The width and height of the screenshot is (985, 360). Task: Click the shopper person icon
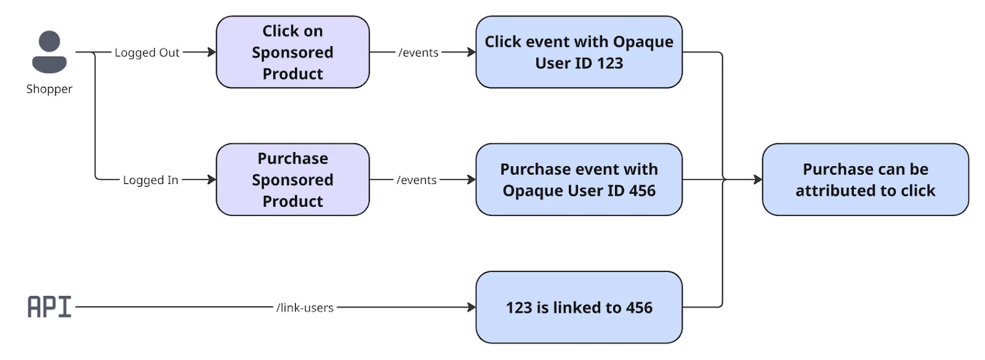pyautogui.click(x=49, y=52)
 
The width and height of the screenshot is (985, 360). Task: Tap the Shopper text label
pyautogui.click(x=49, y=89)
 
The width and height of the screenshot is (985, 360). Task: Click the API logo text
pyautogui.click(x=49, y=306)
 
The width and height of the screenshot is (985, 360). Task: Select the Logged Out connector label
pyautogui.click(x=147, y=53)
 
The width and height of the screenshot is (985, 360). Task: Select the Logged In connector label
pyautogui.click(x=150, y=180)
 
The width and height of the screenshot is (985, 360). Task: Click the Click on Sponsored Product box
pyautogui.click(x=292, y=52)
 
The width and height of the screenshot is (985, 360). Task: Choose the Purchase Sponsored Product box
pyautogui.click(x=292, y=180)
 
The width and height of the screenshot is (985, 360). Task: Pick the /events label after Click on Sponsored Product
pyautogui.click(x=419, y=53)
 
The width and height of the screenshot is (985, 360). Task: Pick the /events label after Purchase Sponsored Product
pyautogui.click(x=417, y=180)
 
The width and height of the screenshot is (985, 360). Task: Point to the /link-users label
pyautogui.click(x=305, y=308)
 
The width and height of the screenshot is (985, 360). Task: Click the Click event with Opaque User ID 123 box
pyautogui.click(x=579, y=52)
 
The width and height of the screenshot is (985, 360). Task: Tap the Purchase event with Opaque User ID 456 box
pyautogui.click(x=579, y=180)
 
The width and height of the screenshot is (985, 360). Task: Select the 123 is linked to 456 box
pyautogui.click(x=579, y=307)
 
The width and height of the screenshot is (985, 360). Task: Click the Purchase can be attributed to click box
pyautogui.click(x=865, y=180)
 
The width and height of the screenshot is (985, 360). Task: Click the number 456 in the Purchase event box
pyautogui.click(x=642, y=191)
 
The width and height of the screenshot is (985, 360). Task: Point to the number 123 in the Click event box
pyautogui.click(x=609, y=63)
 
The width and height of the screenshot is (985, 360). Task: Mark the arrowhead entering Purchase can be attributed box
pyautogui.click(x=758, y=180)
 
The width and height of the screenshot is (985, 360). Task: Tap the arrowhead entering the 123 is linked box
pyautogui.click(x=472, y=307)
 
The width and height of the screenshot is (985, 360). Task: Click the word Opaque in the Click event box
pyautogui.click(x=643, y=42)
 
